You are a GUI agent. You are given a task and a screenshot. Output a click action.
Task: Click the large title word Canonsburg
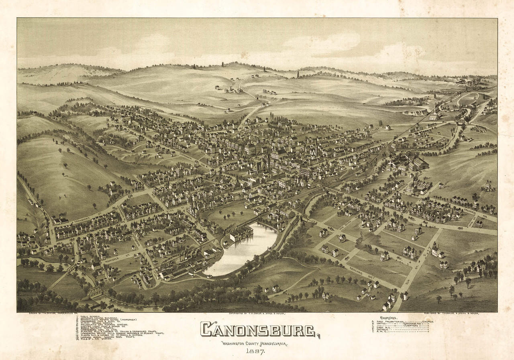(x=258, y=329)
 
